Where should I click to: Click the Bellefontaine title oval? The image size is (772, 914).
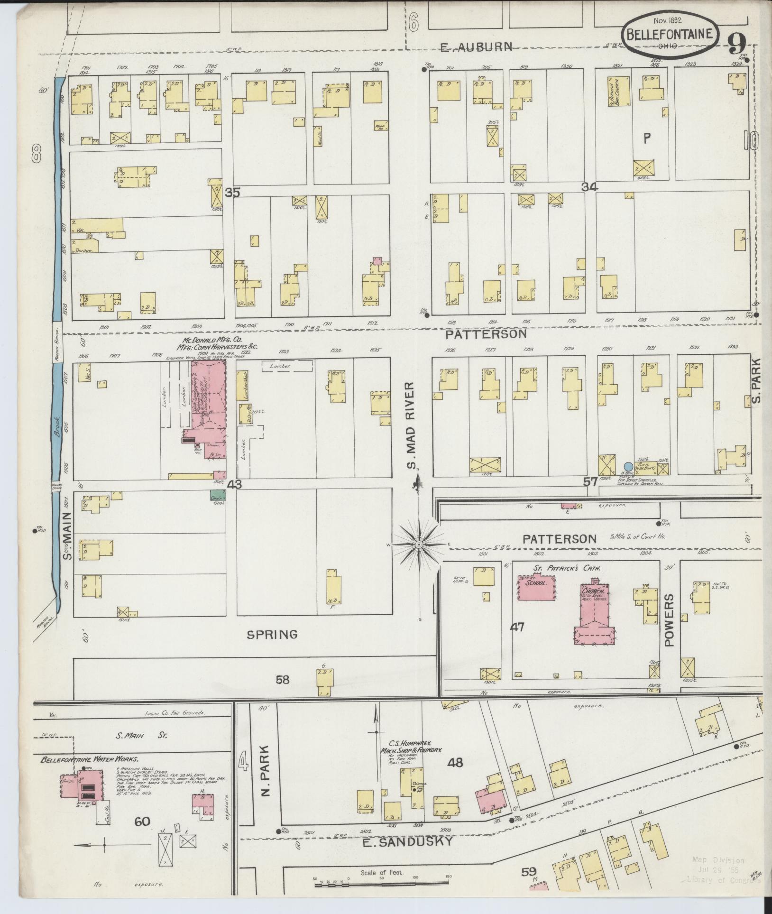coord(670,33)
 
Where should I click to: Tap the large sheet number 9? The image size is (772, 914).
coord(737,45)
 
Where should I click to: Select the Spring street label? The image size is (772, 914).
coord(272,634)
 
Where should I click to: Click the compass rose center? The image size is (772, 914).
coord(419,545)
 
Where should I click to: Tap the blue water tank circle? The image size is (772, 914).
coord(628,467)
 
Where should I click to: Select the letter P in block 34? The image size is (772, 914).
coord(647,138)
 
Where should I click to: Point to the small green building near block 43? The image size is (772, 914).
coord(218,494)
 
